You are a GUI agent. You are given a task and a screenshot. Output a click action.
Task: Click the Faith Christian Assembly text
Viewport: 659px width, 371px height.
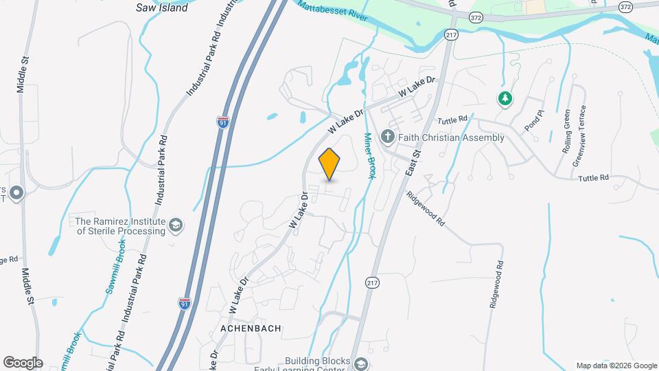click(450, 137)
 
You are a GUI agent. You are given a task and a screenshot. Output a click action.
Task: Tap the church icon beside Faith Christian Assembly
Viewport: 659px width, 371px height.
click(388, 137)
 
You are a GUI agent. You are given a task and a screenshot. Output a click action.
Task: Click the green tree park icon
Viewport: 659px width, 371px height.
click(505, 99)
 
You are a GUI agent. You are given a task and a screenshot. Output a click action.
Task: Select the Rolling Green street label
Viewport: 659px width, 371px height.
click(567, 131)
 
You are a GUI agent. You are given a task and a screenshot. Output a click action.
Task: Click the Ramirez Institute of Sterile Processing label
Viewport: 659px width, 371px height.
click(121, 226)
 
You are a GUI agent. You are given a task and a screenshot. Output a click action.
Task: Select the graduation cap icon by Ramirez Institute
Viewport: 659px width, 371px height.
click(176, 225)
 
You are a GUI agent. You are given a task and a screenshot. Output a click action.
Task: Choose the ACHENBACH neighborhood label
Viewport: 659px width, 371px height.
click(251, 328)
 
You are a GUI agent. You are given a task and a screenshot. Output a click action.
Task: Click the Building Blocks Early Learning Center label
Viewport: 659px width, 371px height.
click(319, 364)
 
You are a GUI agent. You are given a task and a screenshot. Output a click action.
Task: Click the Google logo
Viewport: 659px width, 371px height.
click(23, 363)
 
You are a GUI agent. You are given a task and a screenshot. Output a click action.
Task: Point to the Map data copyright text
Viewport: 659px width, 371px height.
click(616, 366)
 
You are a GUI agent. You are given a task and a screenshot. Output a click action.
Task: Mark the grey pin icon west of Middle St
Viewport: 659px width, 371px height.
click(16, 193)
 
